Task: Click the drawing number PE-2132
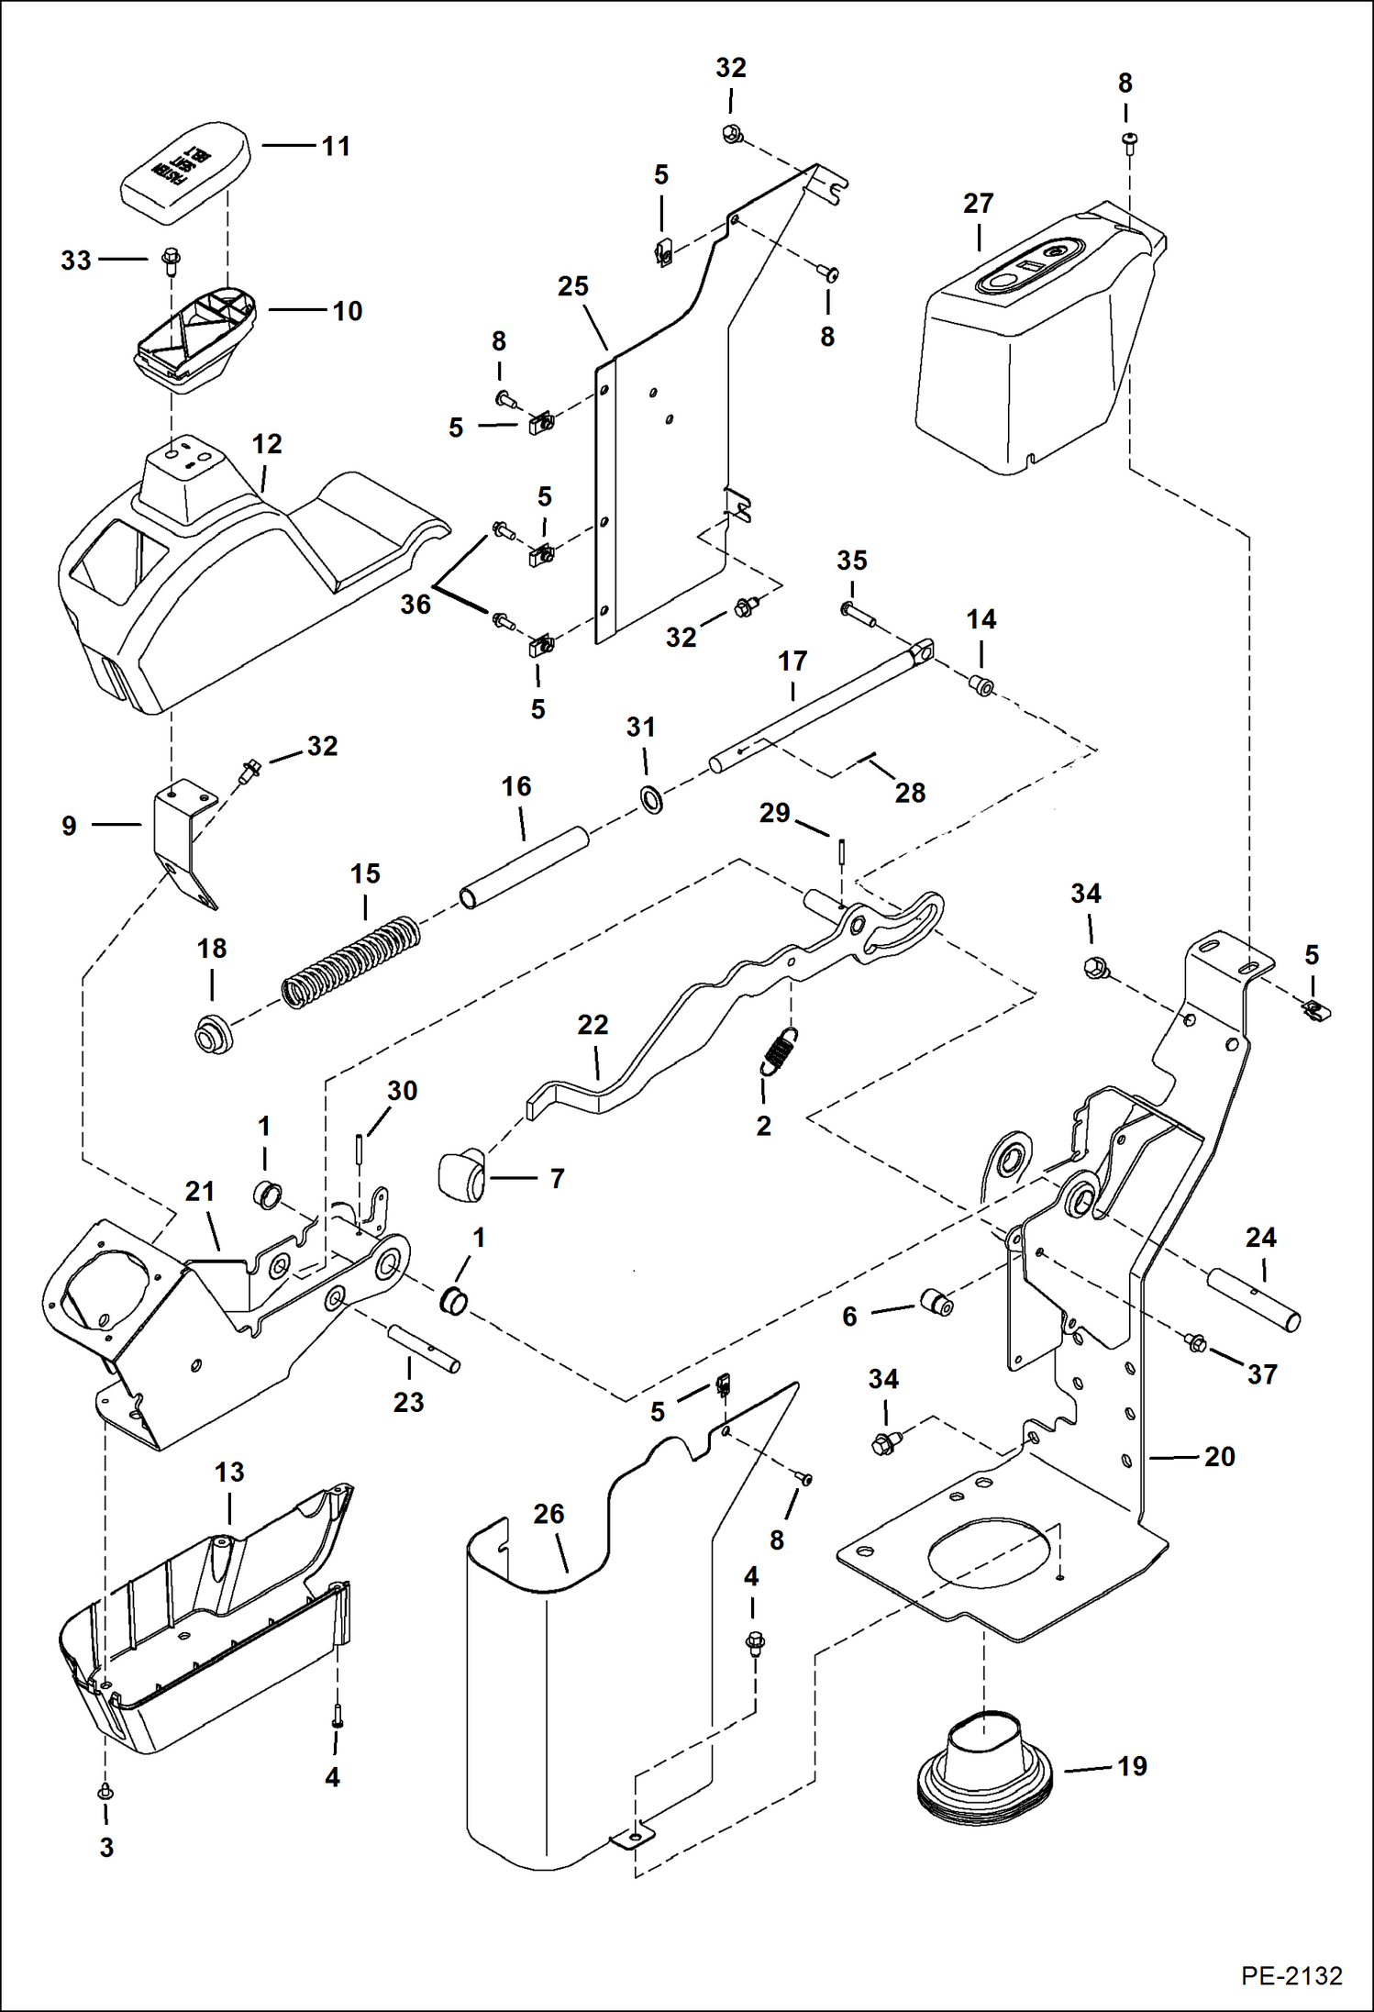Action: pyautogui.click(x=1291, y=1974)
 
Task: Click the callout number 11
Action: pyautogui.click(x=336, y=146)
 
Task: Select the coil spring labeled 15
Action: pyautogui.click(x=351, y=962)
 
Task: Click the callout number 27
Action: pyautogui.click(x=978, y=203)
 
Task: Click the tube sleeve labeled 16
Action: pyautogui.click(x=524, y=867)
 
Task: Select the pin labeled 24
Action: pyautogui.click(x=1254, y=1300)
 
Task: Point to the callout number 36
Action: pyautogui.click(x=416, y=605)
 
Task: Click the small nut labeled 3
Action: pyautogui.click(x=105, y=1792)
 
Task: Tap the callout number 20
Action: pyautogui.click(x=1219, y=1456)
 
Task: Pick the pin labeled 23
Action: pyautogui.click(x=425, y=1348)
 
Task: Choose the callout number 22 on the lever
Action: pyautogui.click(x=593, y=1025)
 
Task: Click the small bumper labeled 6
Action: pyautogui.click(x=936, y=1301)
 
